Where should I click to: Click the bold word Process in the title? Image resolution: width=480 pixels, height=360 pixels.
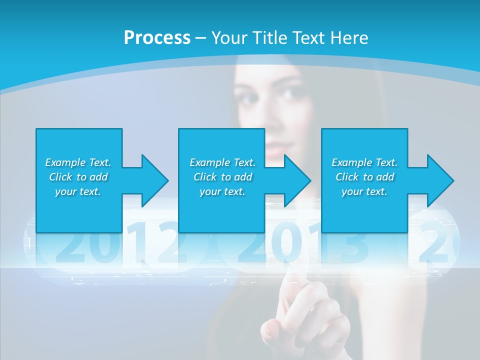pos(157,38)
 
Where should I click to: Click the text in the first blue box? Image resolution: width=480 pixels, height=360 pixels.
pos(78,177)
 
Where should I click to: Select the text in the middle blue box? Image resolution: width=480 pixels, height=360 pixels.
pos(222,177)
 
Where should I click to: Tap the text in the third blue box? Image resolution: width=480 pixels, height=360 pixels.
pos(364,177)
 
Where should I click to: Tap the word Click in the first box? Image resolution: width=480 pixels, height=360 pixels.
pos(61,177)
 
